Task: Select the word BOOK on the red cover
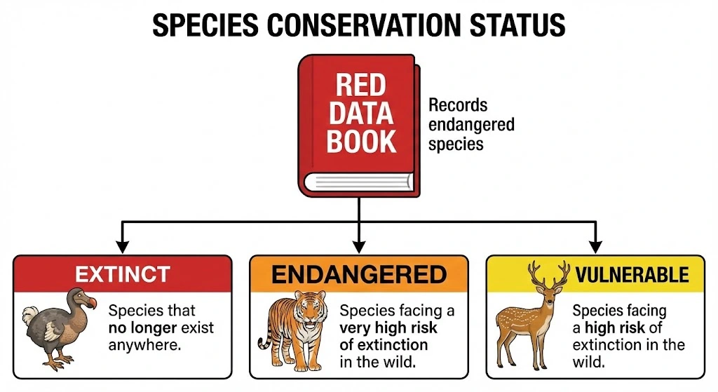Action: tap(361, 141)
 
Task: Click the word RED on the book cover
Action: tap(361, 86)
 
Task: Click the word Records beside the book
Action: tap(458, 106)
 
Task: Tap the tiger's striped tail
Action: tap(264, 337)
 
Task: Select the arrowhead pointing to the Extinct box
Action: tap(123, 246)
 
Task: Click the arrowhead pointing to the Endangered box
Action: tap(359, 246)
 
